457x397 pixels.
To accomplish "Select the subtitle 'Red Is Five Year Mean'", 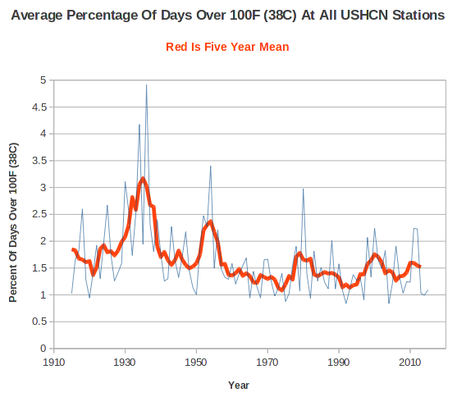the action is pos(227,47).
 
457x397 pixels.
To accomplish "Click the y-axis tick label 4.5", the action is pos(39,107).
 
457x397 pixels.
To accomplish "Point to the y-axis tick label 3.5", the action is pos(39,161).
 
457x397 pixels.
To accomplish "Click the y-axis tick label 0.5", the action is pos(39,322).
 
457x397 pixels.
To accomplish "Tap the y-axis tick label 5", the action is pos(43,80).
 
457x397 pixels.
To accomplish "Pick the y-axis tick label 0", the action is pos(43,349).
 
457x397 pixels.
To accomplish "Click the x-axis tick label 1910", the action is pos(53,363).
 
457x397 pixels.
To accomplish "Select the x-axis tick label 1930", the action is pos(125,363).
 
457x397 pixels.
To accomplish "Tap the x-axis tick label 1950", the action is pos(196,363).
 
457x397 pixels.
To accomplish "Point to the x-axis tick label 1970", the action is pos(267,363).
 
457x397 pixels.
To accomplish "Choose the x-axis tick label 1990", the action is pos(339,363).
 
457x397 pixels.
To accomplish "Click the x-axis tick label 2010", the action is pos(410,363).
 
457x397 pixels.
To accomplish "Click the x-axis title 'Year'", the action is pos(239,386).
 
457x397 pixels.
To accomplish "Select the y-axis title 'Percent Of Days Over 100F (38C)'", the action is pos(13,222).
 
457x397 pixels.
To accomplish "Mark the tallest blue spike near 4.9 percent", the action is pos(146,85).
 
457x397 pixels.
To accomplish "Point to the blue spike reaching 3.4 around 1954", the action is pos(210,167).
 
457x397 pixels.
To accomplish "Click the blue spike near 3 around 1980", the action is pos(303,189).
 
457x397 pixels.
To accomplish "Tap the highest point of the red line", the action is pos(143,177).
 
